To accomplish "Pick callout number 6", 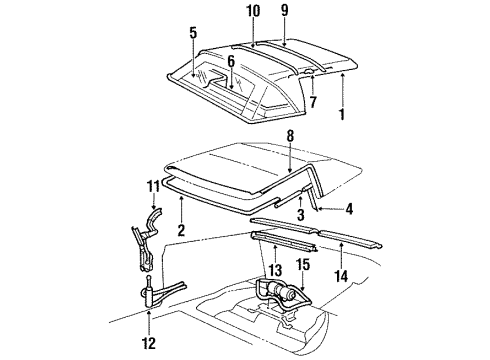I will (231, 60).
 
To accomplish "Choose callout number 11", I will (152, 187).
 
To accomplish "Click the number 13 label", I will (273, 270).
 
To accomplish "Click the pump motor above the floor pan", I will (281, 295).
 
